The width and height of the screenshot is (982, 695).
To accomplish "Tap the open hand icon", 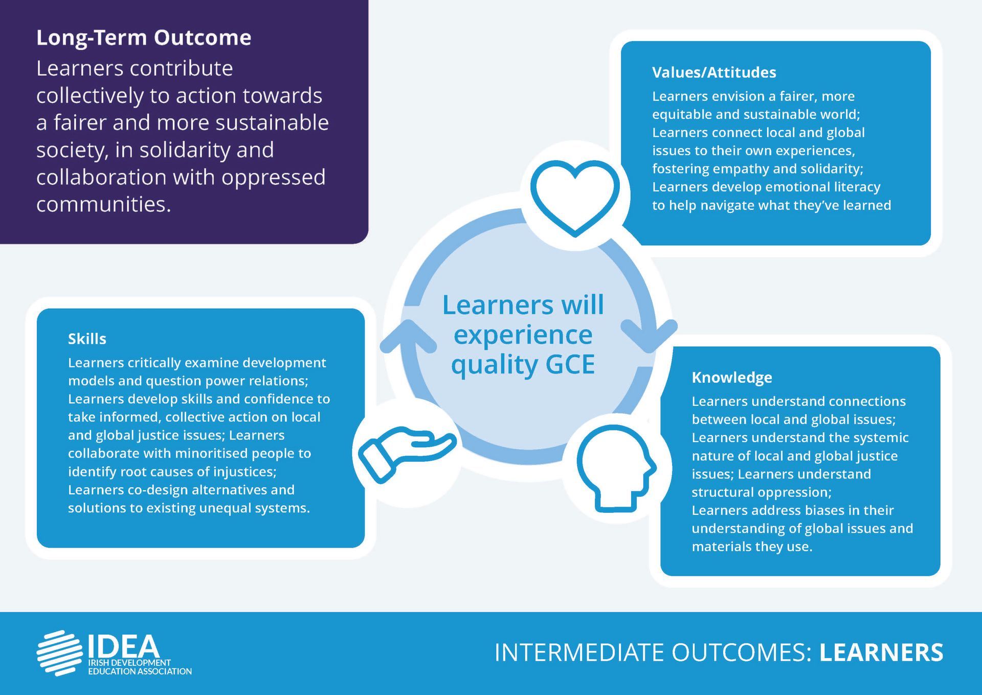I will point(407,453).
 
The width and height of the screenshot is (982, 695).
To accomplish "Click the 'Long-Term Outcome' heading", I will point(144,38).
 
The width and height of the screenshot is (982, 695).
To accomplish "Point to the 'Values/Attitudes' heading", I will point(714,72).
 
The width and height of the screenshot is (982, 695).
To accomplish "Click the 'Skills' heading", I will point(87,339).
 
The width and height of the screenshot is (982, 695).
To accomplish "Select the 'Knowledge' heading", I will point(731,378).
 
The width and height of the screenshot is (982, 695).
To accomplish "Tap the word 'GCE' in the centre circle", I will point(570,364).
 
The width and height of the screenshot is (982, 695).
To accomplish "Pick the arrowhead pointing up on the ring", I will point(408,335).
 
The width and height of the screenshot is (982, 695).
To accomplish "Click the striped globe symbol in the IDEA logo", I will point(59,653).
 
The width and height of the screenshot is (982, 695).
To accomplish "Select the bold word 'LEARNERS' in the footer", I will point(881,653).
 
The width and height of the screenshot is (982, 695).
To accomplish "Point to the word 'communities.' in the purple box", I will point(104,204).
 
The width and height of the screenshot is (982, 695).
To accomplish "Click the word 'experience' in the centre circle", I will point(523,335).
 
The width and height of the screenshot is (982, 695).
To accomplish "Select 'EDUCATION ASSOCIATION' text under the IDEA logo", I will point(140,671).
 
